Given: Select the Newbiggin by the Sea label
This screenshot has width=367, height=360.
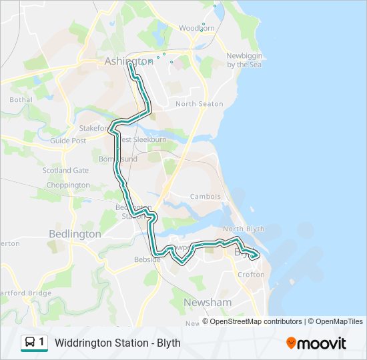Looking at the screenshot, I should [x=244, y=60].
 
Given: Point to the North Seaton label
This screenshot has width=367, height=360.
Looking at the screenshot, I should [x=199, y=104].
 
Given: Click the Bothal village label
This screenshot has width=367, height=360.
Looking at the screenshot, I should [x=21, y=100].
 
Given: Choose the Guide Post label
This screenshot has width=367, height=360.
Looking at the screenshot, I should [x=68, y=141].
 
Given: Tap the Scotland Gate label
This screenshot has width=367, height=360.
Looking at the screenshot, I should [x=65, y=171].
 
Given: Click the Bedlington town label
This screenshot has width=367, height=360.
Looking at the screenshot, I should [x=75, y=234].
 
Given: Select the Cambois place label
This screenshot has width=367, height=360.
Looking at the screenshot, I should [x=205, y=197].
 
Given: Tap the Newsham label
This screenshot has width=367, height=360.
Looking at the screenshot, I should [x=208, y=302].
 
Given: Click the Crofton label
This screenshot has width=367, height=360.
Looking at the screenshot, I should [x=251, y=275].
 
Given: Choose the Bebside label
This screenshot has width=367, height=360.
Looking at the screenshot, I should [x=147, y=259].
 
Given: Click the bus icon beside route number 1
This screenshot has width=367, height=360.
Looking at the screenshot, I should [x=30, y=343].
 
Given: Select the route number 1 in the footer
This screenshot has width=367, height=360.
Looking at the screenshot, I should [x=43, y=343].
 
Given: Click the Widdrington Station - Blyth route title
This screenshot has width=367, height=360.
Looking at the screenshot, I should [x=118, y=343].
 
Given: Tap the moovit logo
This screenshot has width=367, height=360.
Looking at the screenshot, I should [x=316, y=343].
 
